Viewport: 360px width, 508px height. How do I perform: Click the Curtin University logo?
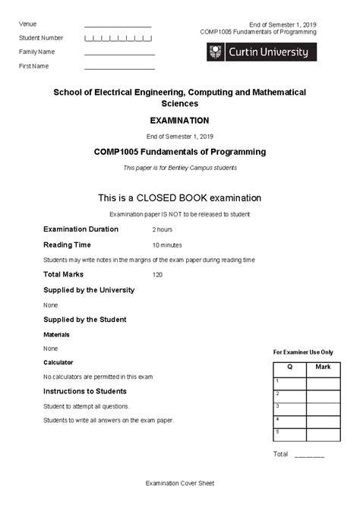tap(258, 52)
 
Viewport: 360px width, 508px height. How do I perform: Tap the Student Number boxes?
tap(118, 38)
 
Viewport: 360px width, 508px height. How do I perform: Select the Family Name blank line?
tap(119, 53)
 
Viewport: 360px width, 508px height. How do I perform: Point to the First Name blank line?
tap(119, 68)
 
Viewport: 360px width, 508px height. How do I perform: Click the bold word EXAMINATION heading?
tap(180, 120)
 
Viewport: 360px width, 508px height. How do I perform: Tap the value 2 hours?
tap(163, 229)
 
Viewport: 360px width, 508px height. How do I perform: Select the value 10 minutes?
tap(167, 245)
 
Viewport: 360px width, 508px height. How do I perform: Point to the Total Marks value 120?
tap(158, 275)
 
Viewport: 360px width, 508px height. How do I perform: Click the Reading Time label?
tap(67, 245)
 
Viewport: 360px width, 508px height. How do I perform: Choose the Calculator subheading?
tap(58, 362)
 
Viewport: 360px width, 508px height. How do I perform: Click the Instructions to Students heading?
tap(85, 391)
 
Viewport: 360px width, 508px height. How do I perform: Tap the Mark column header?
tap(323, 368)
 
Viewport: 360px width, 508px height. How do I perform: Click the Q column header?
tap(289, 368)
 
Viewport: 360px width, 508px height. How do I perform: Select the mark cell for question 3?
tap(323, 409)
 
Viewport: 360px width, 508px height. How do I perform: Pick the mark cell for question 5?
tap(323, 434)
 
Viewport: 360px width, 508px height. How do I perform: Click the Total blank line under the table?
tap(309, 456)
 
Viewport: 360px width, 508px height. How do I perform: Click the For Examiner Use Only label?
tap(303, 352)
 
